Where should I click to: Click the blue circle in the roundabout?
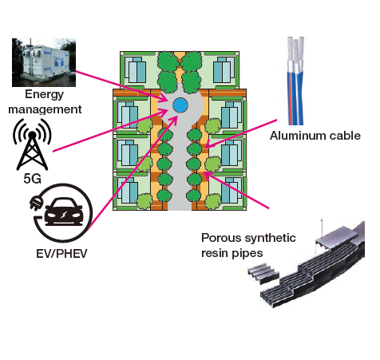coord(180,105)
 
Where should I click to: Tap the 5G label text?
coord(33,179)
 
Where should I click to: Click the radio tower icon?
coord(32,144)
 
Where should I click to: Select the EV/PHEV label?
coord(61,254)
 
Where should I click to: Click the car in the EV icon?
coord(64,212)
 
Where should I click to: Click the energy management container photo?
coord(44,62)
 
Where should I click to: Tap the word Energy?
coord(45,95)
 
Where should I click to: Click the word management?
coord(45,109)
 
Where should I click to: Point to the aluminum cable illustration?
coord(295,81)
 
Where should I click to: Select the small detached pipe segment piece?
coord(263,273)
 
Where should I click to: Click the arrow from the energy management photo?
coord(121,85)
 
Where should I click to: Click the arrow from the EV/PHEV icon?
coord(133,172)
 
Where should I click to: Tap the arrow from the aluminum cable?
coord(241,134)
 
